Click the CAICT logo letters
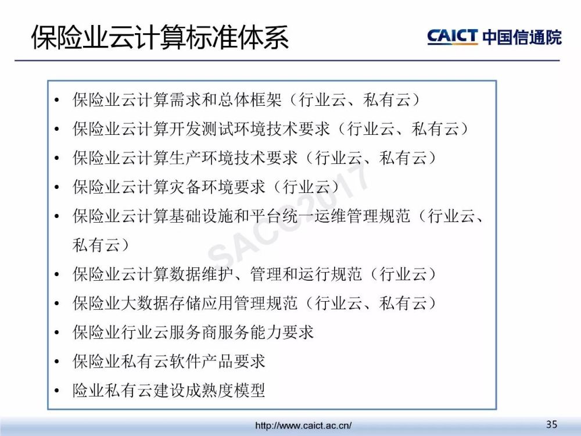[453, 37]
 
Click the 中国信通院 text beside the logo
[522, 37]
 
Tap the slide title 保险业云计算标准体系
[160, 37]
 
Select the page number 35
[551, 424]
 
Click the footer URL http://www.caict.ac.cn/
[303, 426]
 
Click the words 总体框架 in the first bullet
[250, 100]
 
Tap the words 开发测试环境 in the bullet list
[217, 128]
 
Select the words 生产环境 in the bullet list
[202, 158]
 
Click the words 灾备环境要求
[217, 187]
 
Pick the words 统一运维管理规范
[346, 216]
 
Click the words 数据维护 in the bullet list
[202, 274]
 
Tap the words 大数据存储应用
[177, 303]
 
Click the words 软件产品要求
[217, 361]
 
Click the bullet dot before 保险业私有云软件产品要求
[57, 362]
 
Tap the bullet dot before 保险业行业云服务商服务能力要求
[57, 333]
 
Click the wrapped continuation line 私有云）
[101, 245]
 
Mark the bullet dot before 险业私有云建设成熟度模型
[57, 391]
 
